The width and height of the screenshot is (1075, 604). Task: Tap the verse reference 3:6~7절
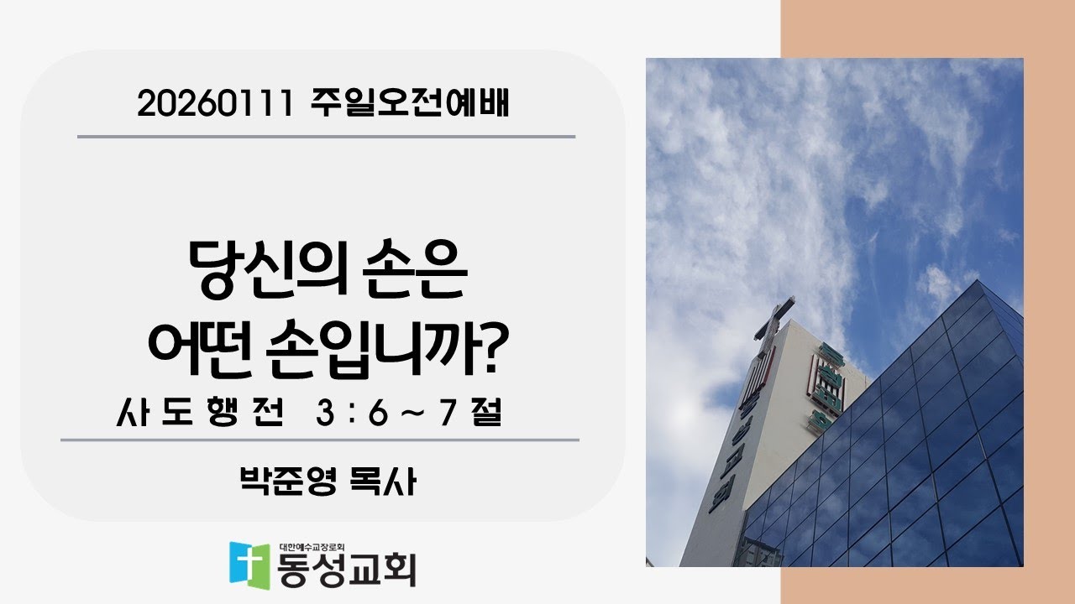point(409,414)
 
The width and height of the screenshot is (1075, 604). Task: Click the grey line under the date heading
point(326,136)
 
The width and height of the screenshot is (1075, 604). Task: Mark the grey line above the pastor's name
point(319,440)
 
